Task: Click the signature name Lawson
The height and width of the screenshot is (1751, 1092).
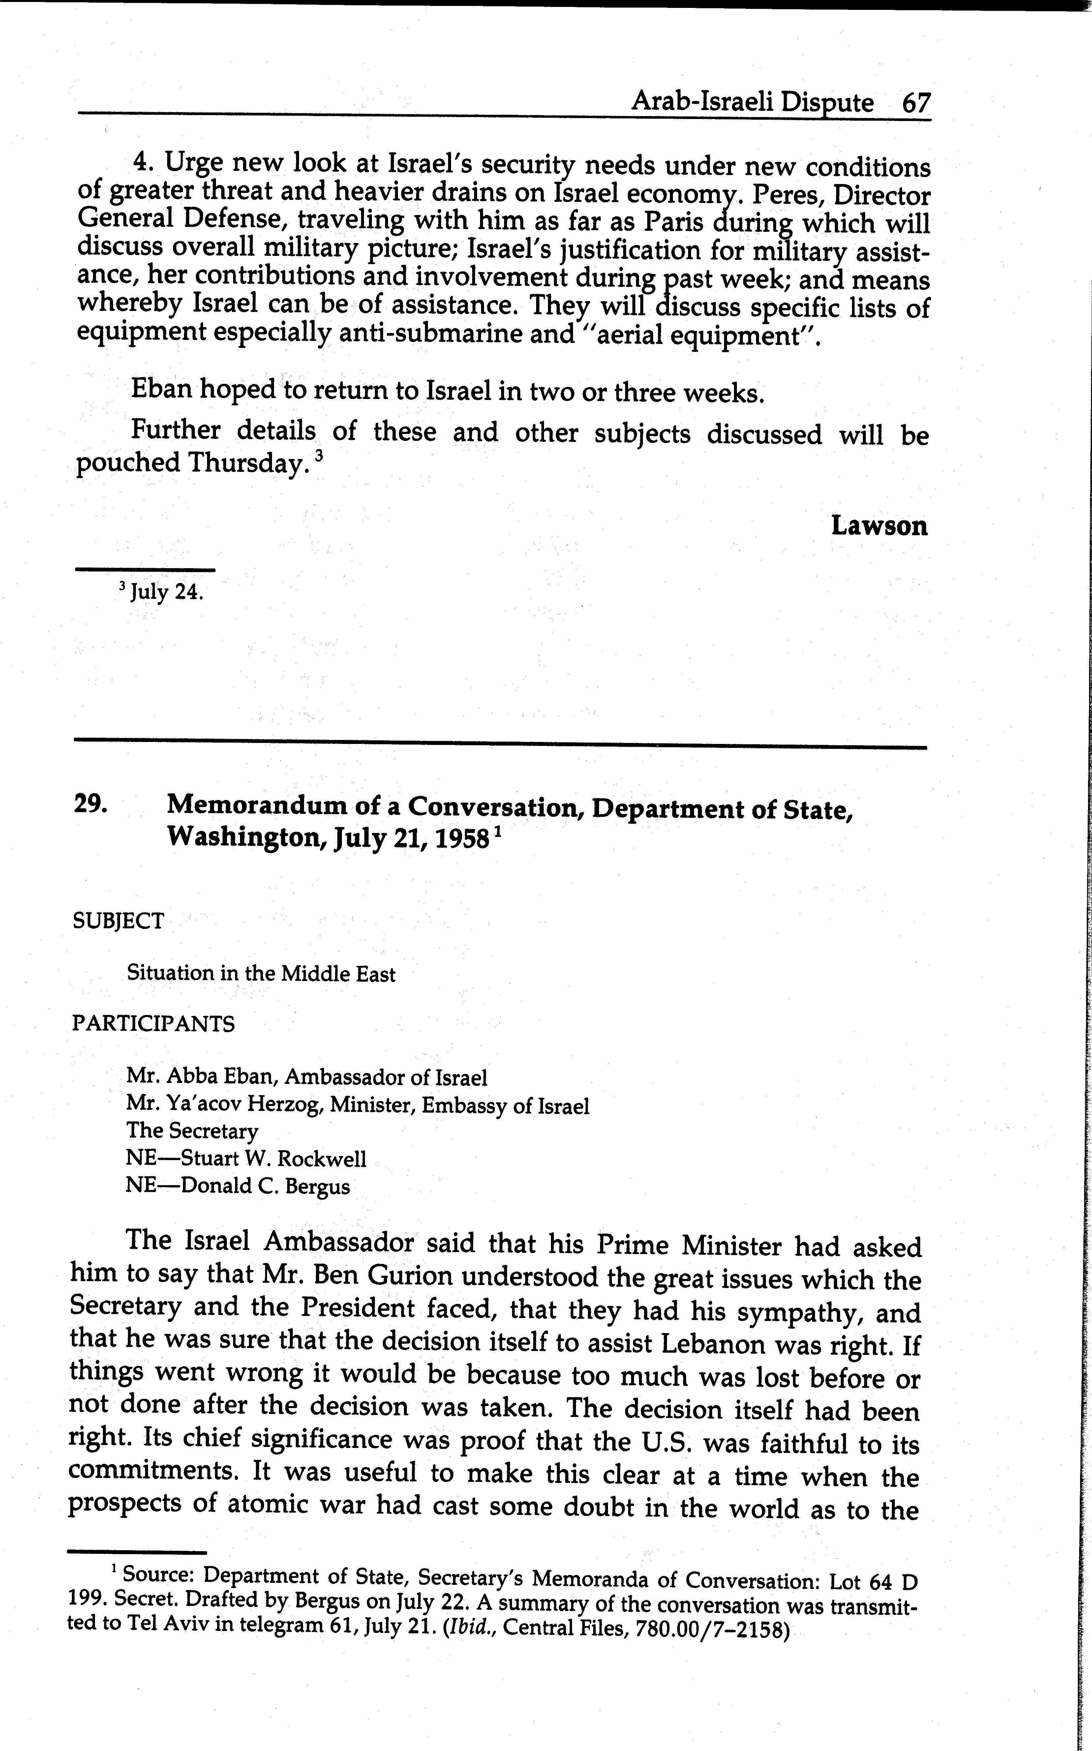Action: tap(879, 526)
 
